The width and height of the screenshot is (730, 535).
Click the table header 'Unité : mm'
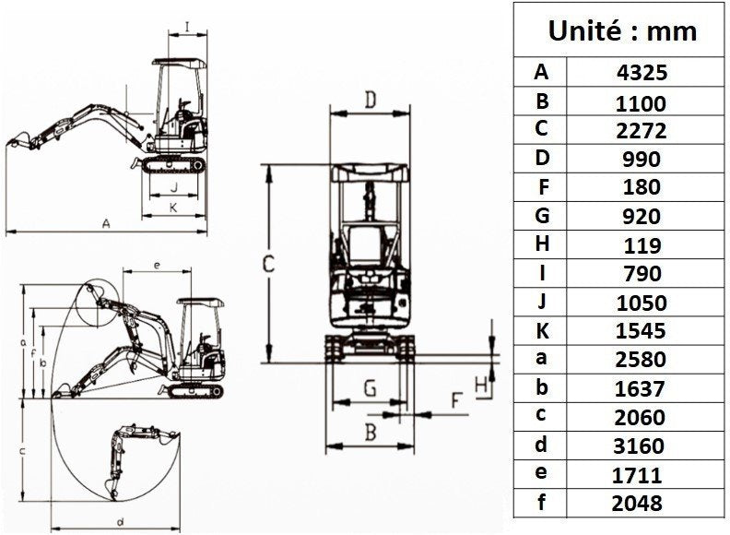click(x=621, y=30)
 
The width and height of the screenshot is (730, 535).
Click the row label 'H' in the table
click(x=541, y=244)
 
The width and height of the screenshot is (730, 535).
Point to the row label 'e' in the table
click(x=541, y=473)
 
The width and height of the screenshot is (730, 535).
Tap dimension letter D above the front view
click(x=370, y=100)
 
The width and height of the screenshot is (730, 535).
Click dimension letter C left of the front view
click(x=267, y=264)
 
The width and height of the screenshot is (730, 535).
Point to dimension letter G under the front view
click(x=369, y=388)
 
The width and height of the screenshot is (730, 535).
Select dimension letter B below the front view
click(x=369, y=430)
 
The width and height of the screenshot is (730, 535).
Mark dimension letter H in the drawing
click(x=480, y=385)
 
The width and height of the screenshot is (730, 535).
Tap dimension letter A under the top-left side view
click(x=107, y=223)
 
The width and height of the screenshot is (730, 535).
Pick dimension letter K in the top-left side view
click(x=172, y=208)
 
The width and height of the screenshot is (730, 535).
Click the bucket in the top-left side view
click(x=17, y=143)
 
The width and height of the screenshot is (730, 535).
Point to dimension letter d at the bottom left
click(x=121, y=521)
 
